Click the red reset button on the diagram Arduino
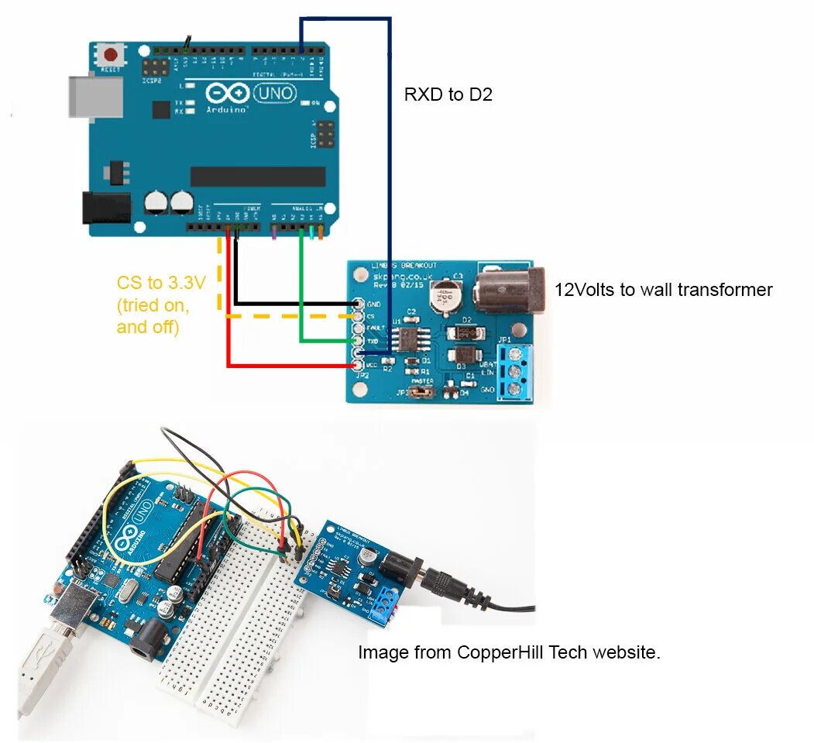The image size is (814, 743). (112, 55)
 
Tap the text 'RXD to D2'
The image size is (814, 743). (448, 95)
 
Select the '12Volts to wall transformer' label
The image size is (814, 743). (663, 290)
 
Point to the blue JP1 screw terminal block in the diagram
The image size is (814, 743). (515, 373)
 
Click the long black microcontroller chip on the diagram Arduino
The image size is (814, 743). (257, 177)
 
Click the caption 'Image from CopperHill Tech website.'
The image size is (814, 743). (509, 652)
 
